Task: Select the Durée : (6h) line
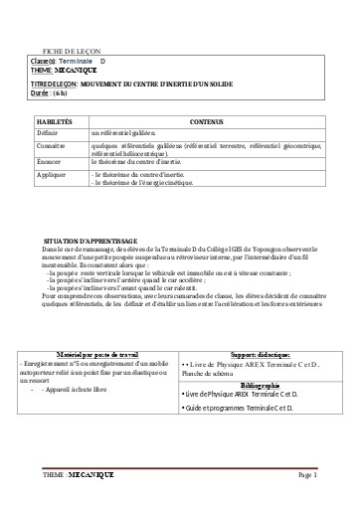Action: pos(52,92)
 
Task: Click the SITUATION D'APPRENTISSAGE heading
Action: pos(97,242)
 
